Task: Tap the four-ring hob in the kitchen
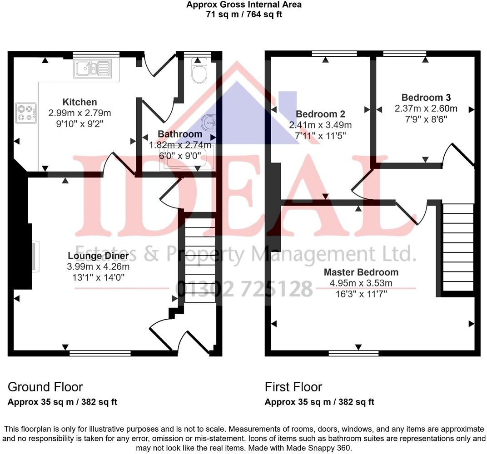[26, 113]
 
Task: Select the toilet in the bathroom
[199, 72]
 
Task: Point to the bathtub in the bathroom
[187, 159]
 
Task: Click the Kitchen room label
[80, 102]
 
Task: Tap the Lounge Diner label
[99, 256]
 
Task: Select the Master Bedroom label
[361, 272]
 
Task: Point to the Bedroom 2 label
[320, 114]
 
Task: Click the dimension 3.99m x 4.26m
[99, 266]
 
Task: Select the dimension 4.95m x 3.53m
[361, 283]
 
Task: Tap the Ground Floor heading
[45, 387]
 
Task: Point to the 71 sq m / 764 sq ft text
[243, 14]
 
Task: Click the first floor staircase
[458, 247]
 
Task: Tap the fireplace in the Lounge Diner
[35, 257]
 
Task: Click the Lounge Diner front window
[100, 352]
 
